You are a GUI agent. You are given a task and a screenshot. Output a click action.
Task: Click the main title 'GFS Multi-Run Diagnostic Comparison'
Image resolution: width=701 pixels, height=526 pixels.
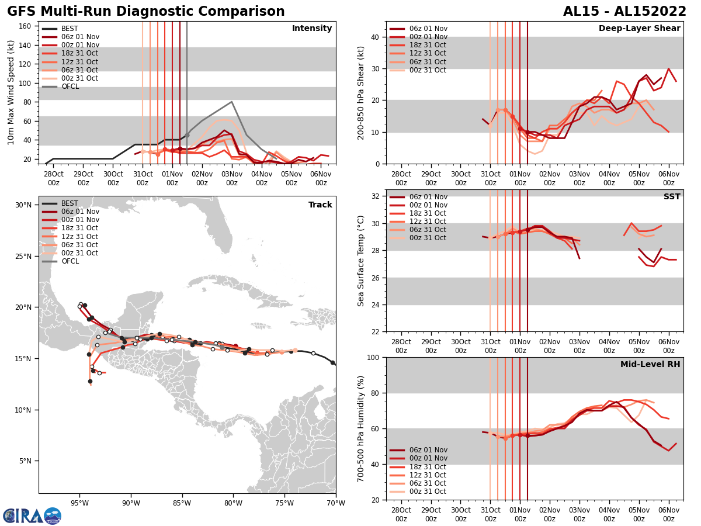click(x=146, y=12)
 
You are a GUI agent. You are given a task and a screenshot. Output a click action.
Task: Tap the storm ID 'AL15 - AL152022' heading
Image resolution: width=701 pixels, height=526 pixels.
click(x=624, y=12)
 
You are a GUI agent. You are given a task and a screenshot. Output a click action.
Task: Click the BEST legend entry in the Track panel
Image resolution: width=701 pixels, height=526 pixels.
click(x=70, y=203)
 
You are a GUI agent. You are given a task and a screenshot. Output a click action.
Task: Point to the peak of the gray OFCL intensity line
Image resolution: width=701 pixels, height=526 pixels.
click(x=232, y=102)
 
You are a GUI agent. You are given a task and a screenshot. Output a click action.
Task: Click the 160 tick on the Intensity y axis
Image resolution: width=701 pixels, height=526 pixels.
click(x=26, y=26)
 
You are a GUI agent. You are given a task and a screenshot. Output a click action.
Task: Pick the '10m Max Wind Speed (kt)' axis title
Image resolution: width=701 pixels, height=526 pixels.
click(x=11, y=92)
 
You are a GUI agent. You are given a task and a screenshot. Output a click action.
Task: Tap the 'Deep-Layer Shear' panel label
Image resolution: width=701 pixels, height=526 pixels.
click(x=639, y=29)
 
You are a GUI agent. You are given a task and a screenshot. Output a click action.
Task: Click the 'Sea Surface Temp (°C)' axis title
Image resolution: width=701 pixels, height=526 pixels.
click(x=361, y=261)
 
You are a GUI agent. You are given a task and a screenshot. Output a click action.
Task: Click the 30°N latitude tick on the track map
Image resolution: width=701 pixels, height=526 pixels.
click(x=23, y=205)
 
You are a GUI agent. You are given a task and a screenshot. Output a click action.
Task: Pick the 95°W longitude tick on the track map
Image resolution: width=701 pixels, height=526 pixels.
click(x=79, y=503)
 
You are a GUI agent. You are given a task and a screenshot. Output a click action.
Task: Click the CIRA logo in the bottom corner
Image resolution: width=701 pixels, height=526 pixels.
click(x=32, y=516)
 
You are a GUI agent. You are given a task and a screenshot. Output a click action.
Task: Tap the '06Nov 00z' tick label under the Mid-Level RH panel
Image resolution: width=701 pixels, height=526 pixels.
click(x=668, y=514)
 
